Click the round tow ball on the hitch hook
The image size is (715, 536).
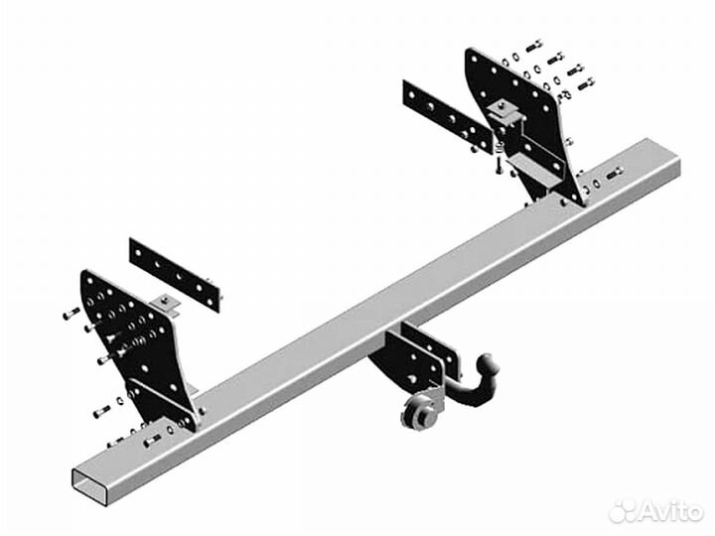pos(485,363)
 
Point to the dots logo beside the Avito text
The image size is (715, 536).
pos(624,511)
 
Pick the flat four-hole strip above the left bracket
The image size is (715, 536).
pos(175,274)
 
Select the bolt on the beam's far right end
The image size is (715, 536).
pos(615,174)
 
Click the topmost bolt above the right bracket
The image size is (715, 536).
pos(534,46)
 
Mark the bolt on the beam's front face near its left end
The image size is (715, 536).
pos(152,441)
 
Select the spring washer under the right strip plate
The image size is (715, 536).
pos(498,147)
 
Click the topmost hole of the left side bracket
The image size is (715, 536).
pos(89,279)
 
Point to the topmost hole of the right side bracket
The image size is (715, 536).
pos(475,59)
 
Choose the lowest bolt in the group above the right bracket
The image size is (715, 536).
pos(586,83)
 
